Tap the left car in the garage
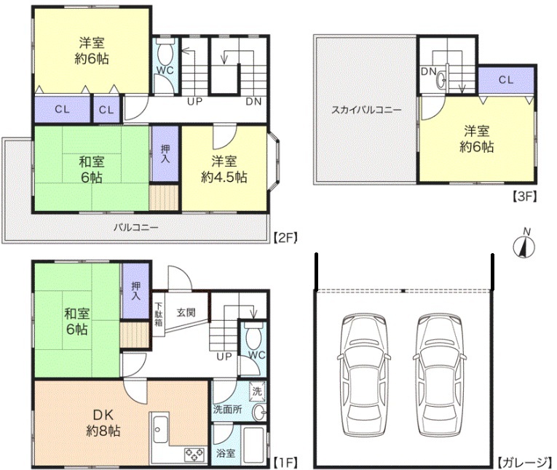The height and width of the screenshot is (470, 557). tap(363, 376)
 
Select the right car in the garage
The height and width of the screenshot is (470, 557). tap(440, 376)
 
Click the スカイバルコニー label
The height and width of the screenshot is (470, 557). tap(366, 110)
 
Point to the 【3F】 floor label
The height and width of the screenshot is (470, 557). tap(524, 196)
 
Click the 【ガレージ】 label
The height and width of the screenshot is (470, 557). tap(525, 462)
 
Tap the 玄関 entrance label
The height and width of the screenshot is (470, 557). tap(186, 313)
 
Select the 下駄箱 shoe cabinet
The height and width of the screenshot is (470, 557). tap(159, 314)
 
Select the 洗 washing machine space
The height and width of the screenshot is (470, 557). tap(257, 391)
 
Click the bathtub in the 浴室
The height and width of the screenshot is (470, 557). tap(253, 444)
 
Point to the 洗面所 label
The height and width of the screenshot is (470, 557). tap(228, 410)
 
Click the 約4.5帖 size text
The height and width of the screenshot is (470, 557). tap(224, 177)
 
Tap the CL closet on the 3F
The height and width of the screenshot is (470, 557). tap(506, 80)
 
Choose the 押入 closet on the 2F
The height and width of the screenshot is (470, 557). tap(165, 154)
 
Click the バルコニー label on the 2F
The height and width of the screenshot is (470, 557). tap(136, 227)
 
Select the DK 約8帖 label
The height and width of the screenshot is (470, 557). tap(103, 423)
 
